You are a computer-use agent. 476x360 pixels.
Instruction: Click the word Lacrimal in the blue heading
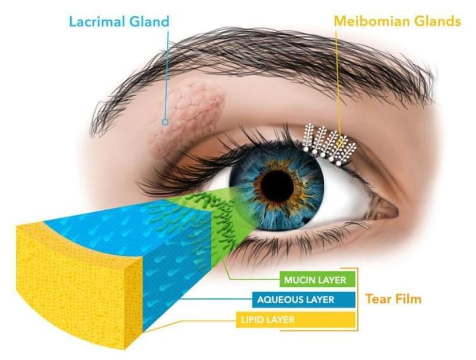pos(97,22)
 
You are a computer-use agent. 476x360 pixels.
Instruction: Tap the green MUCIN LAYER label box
pos(317,280)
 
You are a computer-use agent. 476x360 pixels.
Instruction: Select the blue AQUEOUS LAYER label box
pos(303,300)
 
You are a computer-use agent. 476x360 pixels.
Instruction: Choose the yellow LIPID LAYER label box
pos(296,319)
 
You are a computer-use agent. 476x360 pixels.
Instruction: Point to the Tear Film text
pos(393,299)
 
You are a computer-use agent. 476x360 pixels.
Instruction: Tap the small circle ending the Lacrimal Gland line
pos(165,122)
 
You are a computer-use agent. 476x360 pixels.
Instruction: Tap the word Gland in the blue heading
pos(149,22)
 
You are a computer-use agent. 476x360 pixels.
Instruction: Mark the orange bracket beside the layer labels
pos(358,299)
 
